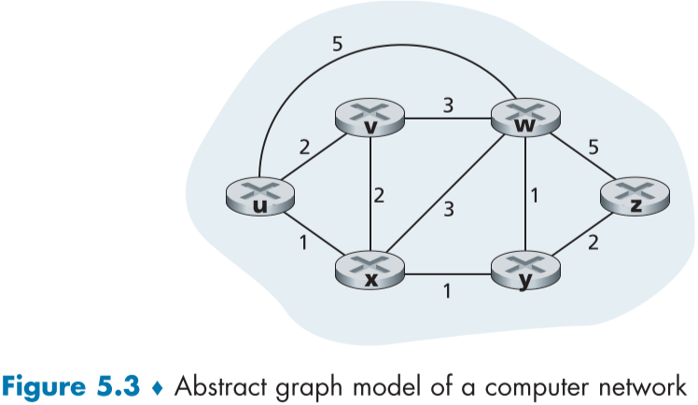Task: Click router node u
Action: click(259, 196)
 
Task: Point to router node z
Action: click(635, 198)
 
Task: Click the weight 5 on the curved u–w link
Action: click(338, 43)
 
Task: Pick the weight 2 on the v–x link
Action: click(380, 196)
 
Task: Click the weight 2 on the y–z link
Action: click(593, 245)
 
